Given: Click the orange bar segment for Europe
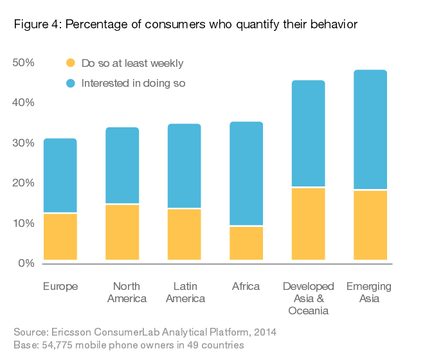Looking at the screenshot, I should coord(60,237).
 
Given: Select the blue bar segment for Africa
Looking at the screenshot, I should coord(246,174).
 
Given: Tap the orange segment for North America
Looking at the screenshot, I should coord(122,232).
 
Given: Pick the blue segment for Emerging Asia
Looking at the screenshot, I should coord(370,130).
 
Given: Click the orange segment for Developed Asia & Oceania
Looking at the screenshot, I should coord(308,224).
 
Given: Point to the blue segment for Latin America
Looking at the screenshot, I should coord(184,166).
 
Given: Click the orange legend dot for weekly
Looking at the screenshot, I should coord(71,63).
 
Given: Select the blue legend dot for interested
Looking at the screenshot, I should coord(71,83).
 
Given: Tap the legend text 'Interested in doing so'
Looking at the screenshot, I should coord(133,83).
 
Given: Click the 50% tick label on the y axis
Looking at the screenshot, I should coord(23,62).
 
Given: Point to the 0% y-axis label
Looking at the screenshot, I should coord(26,263).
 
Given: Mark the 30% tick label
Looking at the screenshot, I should coord(23,143).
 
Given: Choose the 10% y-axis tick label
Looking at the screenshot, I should coord(23,223).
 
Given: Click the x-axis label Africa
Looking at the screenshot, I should coord(246,286).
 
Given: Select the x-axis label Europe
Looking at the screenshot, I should coord(60,286).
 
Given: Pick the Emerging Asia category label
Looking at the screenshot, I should coord(370,292).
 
